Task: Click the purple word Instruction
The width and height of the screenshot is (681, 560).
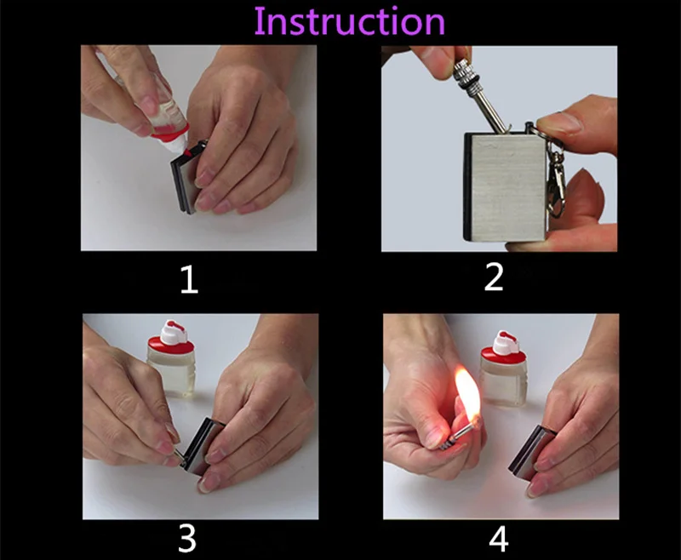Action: [x=350, y=21]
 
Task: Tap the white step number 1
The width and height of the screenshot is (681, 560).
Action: [x=189, y=280]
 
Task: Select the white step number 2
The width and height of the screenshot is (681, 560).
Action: [x=494, y=277]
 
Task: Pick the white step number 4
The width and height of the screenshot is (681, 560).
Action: [x=498, y=540]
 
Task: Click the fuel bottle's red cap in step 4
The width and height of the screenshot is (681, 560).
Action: [x=503, y=347]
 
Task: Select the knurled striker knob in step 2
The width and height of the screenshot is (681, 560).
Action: [x=465, y=72]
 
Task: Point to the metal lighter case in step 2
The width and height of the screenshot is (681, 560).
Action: [x=506, y=186]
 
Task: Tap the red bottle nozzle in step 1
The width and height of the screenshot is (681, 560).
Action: [x=187, y=153]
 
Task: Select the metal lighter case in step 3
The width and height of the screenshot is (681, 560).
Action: [x=202, y=446]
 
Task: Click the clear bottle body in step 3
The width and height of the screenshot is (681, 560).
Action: [x=171, y=373]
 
